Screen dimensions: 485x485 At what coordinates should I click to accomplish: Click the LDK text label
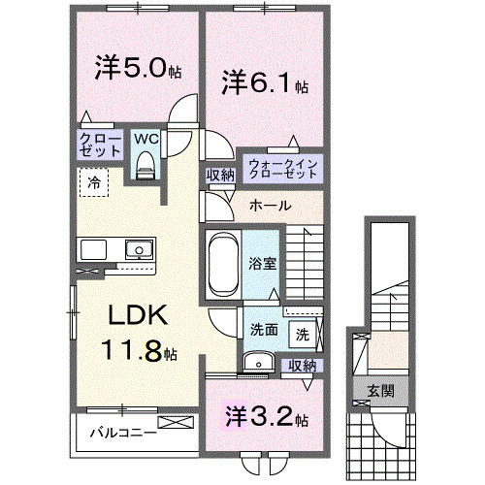(x=138, y=315)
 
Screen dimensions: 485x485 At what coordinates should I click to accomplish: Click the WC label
(x=145, y=138)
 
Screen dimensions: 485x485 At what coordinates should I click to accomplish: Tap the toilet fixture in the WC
(x=146, y=168)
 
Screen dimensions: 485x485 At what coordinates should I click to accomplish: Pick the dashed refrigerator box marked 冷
(x=93, y=182)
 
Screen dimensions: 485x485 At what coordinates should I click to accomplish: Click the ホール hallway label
(x=269, y=206)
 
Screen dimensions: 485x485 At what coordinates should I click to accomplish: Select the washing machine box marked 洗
(x=303, y=335)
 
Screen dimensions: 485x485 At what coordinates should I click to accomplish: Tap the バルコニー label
(x=123, y=432)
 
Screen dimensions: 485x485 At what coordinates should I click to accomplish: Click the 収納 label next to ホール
(x=220, y=176)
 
